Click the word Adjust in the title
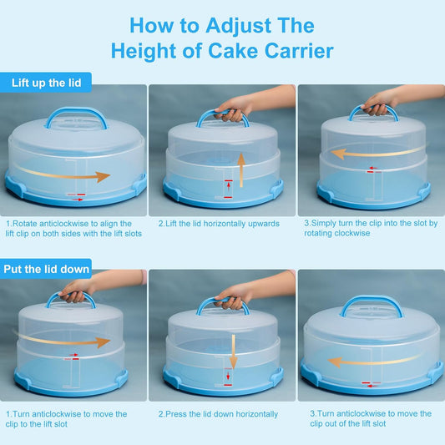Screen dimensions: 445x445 239,27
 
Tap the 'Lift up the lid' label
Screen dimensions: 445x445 47,83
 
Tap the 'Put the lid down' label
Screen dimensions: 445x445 46,269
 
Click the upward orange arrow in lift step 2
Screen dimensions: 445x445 241,169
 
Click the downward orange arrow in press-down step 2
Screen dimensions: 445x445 233,351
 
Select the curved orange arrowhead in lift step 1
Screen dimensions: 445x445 103,176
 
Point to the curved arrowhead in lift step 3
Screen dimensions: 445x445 338,154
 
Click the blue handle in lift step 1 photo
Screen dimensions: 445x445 76,117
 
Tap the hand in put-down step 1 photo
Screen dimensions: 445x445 75,291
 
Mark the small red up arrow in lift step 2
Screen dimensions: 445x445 229,186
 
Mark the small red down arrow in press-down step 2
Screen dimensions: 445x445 228,376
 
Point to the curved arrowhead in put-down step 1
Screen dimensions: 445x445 103,342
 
